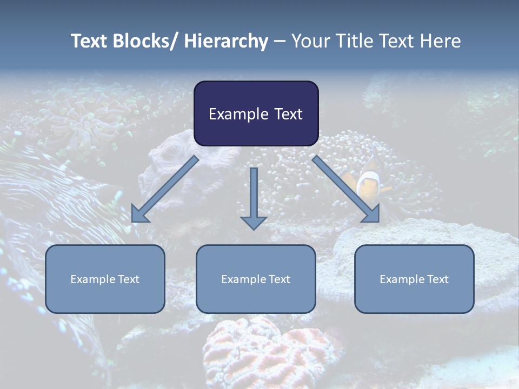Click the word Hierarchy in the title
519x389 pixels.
[x=226, y=41]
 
